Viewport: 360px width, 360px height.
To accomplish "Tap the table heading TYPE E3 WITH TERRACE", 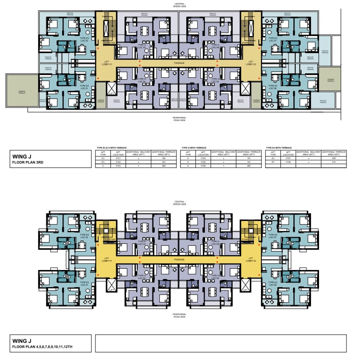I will (x=279, y=148).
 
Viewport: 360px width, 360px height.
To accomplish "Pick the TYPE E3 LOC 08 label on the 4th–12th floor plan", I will (x=273, y=283).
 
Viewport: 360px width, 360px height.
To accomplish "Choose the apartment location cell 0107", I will (x=288, y=158).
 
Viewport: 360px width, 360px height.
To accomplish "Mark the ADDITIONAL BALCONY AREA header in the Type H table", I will (x=224, y=153).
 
